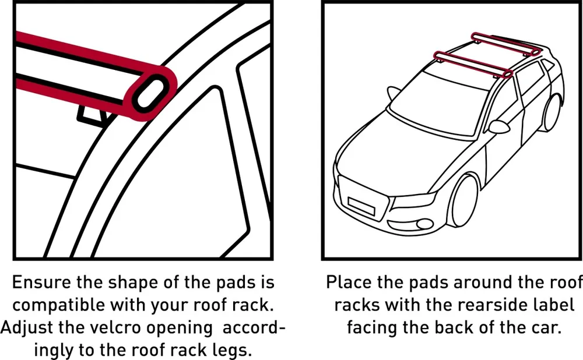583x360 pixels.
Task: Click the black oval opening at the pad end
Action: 150,93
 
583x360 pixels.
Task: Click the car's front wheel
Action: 464,200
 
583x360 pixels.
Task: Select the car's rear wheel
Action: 552,111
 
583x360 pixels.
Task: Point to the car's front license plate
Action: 361,206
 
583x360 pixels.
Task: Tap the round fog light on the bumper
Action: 424,224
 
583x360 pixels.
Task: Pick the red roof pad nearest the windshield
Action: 473,64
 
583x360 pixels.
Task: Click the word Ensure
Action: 41,283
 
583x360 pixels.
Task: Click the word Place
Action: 349,283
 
